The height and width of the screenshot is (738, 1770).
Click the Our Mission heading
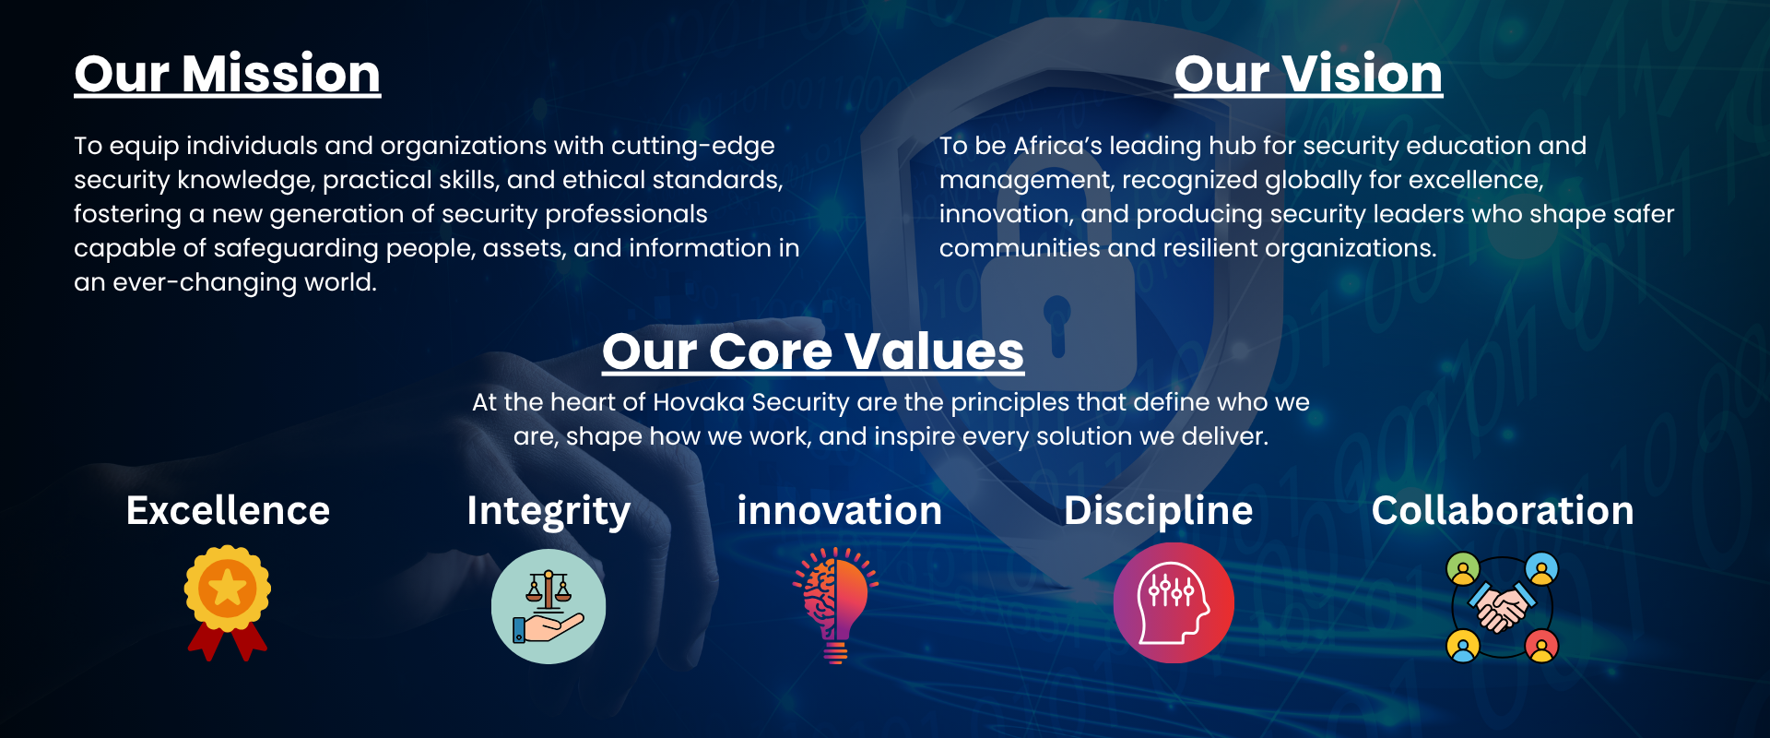[228, 74]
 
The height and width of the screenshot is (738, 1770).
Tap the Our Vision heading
[1308, 74]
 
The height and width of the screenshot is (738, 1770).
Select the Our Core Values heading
[813, 351]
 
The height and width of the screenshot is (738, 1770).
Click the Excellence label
[228, 510]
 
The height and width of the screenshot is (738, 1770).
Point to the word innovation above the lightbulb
[839, 510]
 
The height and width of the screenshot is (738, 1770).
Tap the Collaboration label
[1503, 510]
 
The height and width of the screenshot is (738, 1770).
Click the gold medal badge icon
[228, 602]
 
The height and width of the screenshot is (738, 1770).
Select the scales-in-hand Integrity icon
[549, 606]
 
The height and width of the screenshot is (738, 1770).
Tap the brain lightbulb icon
[835, 605]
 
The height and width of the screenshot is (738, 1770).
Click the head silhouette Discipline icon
[1174, 603]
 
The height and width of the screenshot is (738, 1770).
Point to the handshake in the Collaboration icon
[1502, 607]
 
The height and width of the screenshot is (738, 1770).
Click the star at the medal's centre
[228, 588]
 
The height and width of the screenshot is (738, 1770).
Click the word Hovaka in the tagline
[699, 402]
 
